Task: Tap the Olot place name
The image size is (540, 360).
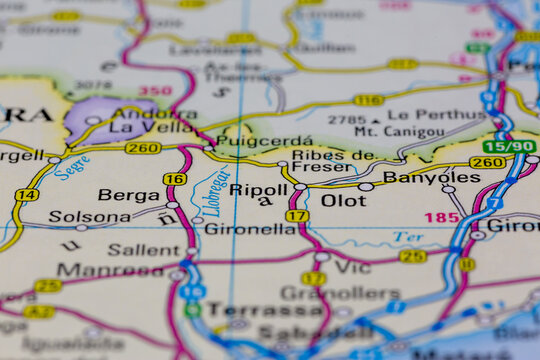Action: [343, 200]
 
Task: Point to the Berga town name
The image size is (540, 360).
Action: [128, 195]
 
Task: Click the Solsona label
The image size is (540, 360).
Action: [90, 216]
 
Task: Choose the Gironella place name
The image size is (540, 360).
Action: [250, 229]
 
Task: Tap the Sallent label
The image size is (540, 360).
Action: [144, 249]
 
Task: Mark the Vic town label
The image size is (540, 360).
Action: [352, 268]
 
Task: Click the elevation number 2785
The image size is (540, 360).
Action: [347, 119]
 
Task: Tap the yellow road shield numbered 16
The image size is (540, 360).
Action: [174, 179]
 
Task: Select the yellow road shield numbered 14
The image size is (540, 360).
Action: [27, 195]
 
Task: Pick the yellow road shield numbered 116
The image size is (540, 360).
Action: [368, 100]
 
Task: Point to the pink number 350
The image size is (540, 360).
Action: [154, 91]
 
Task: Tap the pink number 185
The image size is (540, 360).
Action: [442, 217]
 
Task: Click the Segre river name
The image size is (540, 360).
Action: [71, 167]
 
